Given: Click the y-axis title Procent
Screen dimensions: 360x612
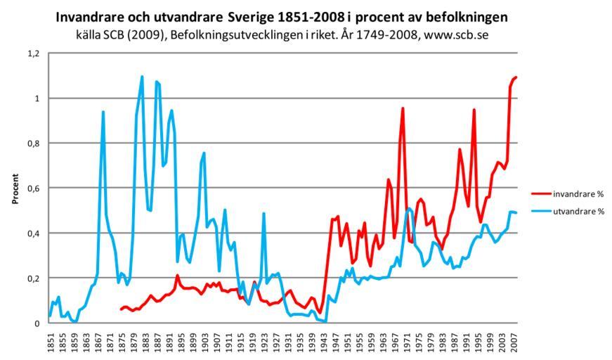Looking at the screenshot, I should pyautogui.click(x=15, y=188).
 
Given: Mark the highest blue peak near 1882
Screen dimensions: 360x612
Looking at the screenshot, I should pyautogui.click(x=142, y=77).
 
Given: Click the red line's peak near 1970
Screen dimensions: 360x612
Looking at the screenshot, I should pyautogui.click(x=403, y=108).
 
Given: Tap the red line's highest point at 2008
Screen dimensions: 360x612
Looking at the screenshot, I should pyautogui.click(x=516, y=77).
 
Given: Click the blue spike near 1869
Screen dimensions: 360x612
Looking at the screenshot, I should pyautogui.click(x=103, y=112).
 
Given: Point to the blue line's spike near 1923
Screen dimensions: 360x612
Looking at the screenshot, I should pyautogui.click(x=263, y=213).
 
